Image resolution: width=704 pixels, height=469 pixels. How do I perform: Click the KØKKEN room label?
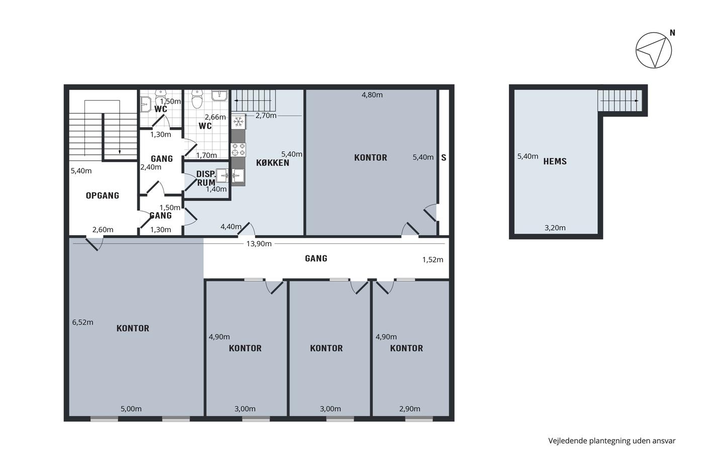(273, 163)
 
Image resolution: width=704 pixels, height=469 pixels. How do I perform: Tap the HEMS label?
(555, 161)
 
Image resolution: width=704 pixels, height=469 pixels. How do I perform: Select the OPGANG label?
(103, 196)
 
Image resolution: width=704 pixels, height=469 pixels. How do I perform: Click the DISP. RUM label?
(206, 178)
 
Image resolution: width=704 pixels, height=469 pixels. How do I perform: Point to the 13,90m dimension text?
(259, 244)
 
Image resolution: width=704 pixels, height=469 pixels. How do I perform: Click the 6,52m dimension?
(82, 322)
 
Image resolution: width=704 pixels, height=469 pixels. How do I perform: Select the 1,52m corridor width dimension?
(433, 260)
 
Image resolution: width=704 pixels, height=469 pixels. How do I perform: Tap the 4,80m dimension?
(372, 95)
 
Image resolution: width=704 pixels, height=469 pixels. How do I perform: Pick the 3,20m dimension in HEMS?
(555, 228)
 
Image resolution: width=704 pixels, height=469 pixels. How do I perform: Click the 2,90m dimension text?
(410, 409)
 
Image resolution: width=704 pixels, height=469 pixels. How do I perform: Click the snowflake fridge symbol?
(238, 122)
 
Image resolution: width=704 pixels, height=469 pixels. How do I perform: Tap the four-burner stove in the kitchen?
(238, 150)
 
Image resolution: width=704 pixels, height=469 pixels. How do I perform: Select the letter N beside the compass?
(673, 33)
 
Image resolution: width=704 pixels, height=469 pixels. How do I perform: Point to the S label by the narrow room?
(444, 158)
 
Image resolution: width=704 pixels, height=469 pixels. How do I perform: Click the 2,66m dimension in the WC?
(215, 117)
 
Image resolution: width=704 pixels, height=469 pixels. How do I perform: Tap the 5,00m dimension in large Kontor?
(131, 409)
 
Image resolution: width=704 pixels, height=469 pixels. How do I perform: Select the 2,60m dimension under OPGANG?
(103, 230)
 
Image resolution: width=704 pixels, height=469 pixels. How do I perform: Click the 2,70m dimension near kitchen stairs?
(266, 116)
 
